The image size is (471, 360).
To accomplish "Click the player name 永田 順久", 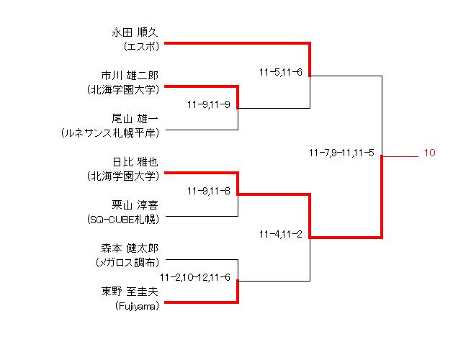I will pyautogui.click(x=135, y=32).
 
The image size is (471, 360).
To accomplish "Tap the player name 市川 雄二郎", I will pyautogui.click(x=129, y=75).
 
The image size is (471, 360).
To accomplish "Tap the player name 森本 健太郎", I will pyautogui.click(x=129, y=248).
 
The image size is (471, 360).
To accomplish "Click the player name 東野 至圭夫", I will pyautogui.click(x=129, y=292).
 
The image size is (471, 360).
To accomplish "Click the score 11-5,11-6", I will pyautogui.click(x=280, y=71).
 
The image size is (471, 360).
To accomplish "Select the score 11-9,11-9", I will pyautogui.click(x=208, y=104).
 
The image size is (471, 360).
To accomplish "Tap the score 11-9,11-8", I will pyautogui.click(x=208, y=191).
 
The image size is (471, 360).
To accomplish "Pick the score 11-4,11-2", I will pyautogui.click(x=280, y=234).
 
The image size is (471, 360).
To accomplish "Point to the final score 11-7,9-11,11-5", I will pyautogui.click(x=341, y=153).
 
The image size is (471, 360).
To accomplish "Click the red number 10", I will pyautogui.click(x=429, y=153).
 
